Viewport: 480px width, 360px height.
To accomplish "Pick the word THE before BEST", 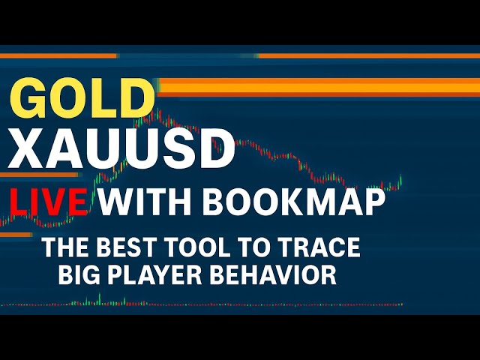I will point(64,247).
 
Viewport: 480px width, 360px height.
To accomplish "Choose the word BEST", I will point(127,247).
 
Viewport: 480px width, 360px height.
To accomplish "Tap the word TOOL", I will point(197,247).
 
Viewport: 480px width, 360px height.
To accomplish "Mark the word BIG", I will point(78,274).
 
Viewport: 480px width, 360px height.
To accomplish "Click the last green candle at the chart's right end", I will point(401,179).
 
